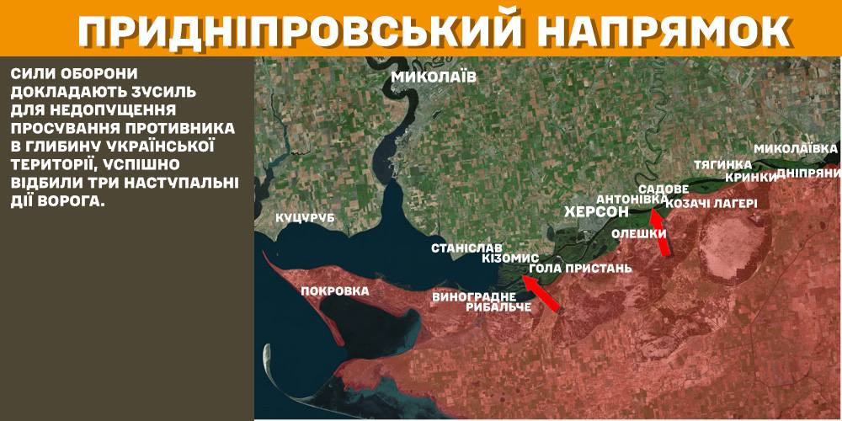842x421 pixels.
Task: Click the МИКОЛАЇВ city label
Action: (x=434, y=77)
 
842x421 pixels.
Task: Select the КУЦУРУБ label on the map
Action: (x=306, y=218)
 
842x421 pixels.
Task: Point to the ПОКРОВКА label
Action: (x=335, y=290)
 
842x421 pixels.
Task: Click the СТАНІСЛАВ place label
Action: (x=467, y=248)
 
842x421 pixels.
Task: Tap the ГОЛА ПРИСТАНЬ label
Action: (x=580, y=269)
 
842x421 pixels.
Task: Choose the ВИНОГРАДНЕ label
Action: (x=474, y=296)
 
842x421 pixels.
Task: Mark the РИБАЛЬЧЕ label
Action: (x=498, y=307)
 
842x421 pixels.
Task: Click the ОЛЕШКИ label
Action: (x=639, y=233)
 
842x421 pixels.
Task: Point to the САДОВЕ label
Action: (x=663, y=189)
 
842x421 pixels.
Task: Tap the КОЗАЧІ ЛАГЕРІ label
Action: (x=711, y=203)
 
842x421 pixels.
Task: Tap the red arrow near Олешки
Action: (x=663, y=232)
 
